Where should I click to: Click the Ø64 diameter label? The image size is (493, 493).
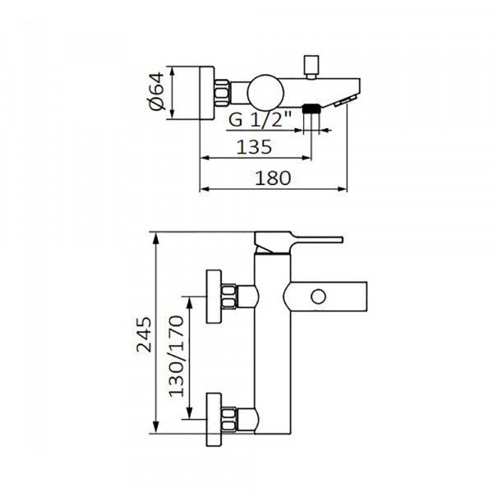pyautogui.click(x=157, y=91)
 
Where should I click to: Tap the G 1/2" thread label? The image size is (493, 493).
pyautogui.click(x=260, y=119)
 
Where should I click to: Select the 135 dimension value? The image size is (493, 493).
pyautogui.click(x=254, y=147)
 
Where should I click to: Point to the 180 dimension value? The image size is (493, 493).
pyautogui.click(x=273, y=178)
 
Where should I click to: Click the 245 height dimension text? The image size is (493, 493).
pyautogui.click(x=144, y=334)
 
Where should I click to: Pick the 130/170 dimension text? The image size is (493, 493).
pyautogui.click(x=176, y=357)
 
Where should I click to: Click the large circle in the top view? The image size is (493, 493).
pyautogui.click(x=265, y=93)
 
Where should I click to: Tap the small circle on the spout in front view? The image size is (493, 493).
pyautogui.click(x=318, y=297)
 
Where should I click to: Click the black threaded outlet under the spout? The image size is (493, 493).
pyautogui.click(x=311, y=108)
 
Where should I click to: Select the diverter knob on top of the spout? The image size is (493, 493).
pyautogui.click(x=311, y=67)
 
